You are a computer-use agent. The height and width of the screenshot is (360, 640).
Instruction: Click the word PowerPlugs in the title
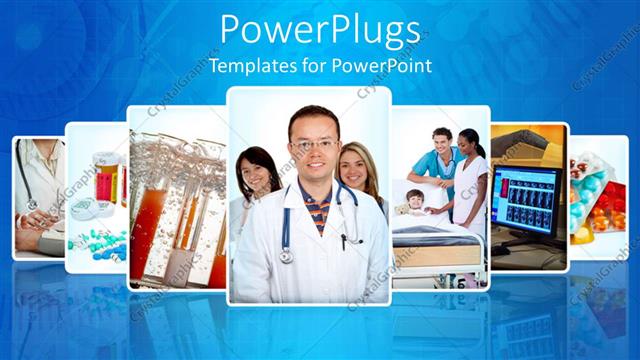pyautogui.click(x=319, y=31)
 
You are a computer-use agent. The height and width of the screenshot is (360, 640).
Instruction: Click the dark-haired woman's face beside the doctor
pyautogui.click(x=256, y=171)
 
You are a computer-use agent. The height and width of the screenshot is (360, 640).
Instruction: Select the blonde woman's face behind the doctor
pyautogui.click(x=357, y=167)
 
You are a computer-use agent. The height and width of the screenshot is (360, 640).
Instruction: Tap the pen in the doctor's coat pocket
pyautogui.click(x=343, y=240)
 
